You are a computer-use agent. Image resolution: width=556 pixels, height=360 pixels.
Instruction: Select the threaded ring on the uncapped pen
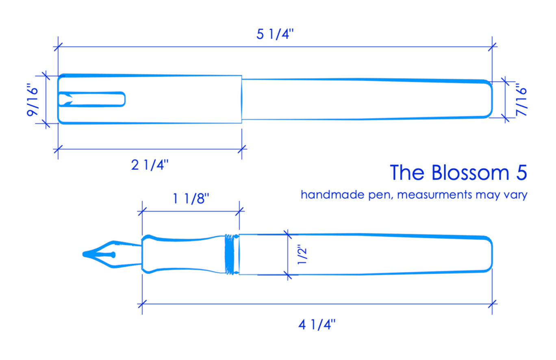coord(232,254)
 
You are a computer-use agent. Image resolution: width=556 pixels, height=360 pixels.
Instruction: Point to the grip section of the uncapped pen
coord(183,254)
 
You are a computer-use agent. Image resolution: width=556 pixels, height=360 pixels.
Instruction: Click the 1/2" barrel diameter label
coord(302,255)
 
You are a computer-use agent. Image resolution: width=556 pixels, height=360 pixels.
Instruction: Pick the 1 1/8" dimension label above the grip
coord(189,200)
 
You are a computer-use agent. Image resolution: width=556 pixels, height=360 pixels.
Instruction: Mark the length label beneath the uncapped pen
coord(315,327)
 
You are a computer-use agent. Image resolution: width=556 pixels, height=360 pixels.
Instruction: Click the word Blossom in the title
coord(467,173)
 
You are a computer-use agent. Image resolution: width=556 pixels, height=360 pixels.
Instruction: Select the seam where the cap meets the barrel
coord(242,99)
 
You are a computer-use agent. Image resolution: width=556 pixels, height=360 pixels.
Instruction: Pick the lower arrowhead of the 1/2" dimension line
coord(288,275)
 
